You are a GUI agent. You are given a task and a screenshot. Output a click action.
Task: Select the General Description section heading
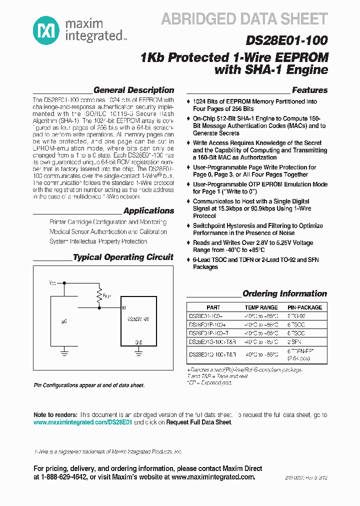pos(133,90)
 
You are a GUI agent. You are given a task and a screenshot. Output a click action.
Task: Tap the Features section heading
pos(309,90)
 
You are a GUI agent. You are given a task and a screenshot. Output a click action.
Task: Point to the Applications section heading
pos(148,211)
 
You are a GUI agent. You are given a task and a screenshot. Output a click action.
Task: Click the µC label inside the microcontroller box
pos(64,318)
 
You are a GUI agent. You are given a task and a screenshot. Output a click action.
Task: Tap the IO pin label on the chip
pos(123,307)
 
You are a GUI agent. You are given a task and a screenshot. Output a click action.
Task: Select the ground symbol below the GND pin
pos(138,352)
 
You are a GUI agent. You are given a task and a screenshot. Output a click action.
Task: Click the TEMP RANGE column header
pos(261,307)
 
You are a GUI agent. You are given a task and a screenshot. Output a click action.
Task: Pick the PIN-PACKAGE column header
pos(304,307)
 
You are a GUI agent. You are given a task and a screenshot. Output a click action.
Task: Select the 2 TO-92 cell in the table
pos(296,316)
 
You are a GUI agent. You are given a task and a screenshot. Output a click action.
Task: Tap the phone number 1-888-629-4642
pos(66,477)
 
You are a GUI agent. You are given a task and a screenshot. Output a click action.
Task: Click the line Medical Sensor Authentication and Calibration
pos(108,232)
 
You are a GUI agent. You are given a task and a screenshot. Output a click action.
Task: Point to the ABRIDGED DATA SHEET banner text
pos(244,19)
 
